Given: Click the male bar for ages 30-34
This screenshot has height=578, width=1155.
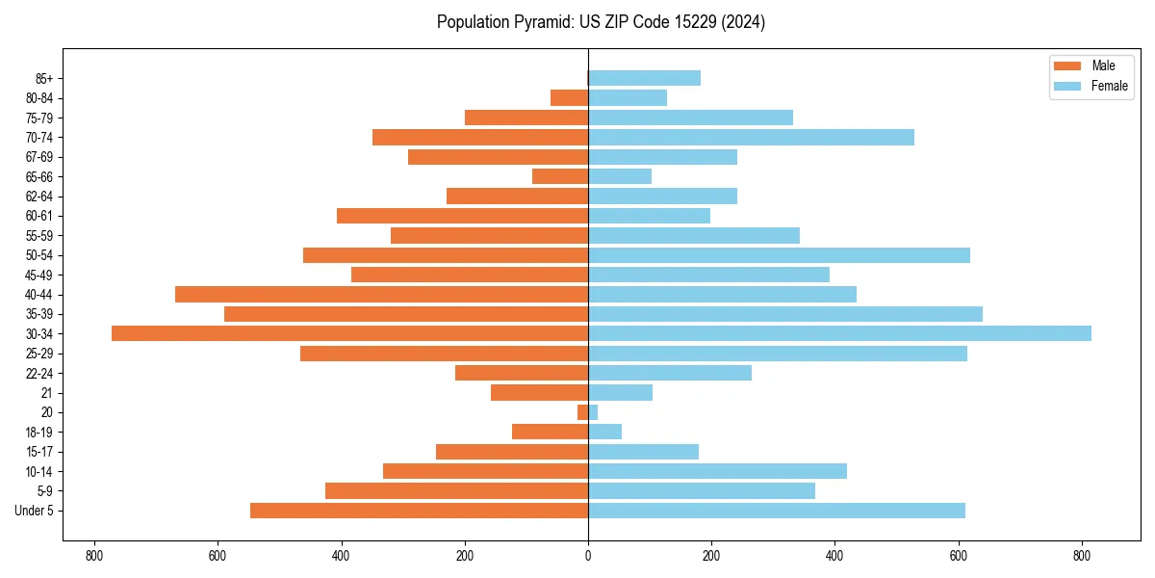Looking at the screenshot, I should tap(349, 333).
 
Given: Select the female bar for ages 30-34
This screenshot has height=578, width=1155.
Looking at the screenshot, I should tap(839, 333).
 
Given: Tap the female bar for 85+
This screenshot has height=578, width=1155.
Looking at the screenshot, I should tap(644, 78).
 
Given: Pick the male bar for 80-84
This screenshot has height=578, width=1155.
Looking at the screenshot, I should tap(569, 97).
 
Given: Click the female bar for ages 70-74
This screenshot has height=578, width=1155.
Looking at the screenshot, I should tap(751, 137).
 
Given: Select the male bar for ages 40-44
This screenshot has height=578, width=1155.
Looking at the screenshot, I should tap(381, 294).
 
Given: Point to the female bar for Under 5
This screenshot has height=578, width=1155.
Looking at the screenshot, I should tap(776, 511).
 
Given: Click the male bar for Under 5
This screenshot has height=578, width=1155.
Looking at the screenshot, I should tap(419, 511).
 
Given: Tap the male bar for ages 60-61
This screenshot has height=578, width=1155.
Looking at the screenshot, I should tap(462, 216).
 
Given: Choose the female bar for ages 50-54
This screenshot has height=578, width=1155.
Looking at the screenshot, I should tap(779, 255).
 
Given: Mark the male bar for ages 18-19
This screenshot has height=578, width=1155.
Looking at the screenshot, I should tap(550, 432).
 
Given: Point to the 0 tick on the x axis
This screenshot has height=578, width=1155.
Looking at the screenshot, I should tap(588, 555).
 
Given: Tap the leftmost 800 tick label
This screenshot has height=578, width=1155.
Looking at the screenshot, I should tap(93, 555).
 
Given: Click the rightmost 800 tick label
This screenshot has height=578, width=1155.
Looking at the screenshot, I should tap(1082, 555).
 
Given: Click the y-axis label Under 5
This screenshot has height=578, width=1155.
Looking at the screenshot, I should tap(35, 511).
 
